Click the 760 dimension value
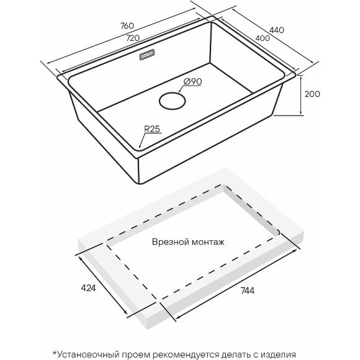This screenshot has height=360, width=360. (127, 25)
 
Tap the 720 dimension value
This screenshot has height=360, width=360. (133, 38)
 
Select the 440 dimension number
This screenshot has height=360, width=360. (277, 30)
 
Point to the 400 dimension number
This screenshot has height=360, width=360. (263, 38)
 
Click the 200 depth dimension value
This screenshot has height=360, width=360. (312, 94)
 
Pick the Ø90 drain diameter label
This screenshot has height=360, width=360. (193, 81)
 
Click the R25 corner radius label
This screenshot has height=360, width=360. (152, 129)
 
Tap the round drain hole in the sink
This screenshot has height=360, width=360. (172, 101)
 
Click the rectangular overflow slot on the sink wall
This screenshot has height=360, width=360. (147, 55)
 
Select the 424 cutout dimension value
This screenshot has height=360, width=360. (88, 288)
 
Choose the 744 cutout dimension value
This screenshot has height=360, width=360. (248, 290)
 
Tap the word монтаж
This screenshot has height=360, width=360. (208, 243)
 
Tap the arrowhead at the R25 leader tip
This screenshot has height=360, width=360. (140, 146)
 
